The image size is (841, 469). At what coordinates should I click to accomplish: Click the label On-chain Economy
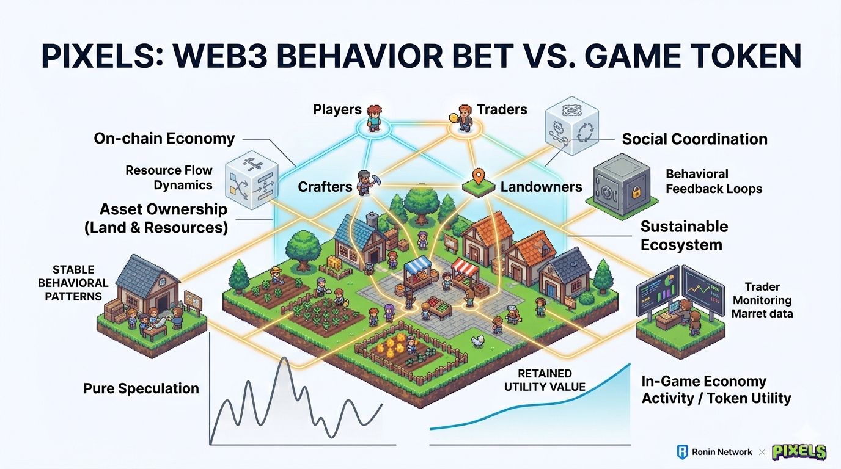point(164,139)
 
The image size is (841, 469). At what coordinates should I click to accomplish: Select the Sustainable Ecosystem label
point(684,236)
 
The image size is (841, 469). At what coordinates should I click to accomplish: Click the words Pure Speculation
point(141,388)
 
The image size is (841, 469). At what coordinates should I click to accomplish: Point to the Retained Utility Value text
point(545,380)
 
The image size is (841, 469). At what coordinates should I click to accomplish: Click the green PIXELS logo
point(799,452)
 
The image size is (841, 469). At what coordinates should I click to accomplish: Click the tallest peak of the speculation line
point(284,360)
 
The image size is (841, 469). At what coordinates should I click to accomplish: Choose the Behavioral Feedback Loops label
point(713,181)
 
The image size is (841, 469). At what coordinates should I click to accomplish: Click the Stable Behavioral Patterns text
point(73,283)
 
